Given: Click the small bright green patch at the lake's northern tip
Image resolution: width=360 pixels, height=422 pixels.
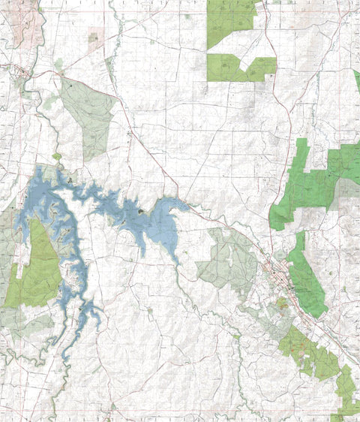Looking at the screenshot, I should [x=57, y=157].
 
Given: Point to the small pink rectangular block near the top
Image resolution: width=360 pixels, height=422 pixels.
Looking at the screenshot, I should [x=94, y=37].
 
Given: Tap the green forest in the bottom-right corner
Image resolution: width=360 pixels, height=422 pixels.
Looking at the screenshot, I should [x=345, y=390].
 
